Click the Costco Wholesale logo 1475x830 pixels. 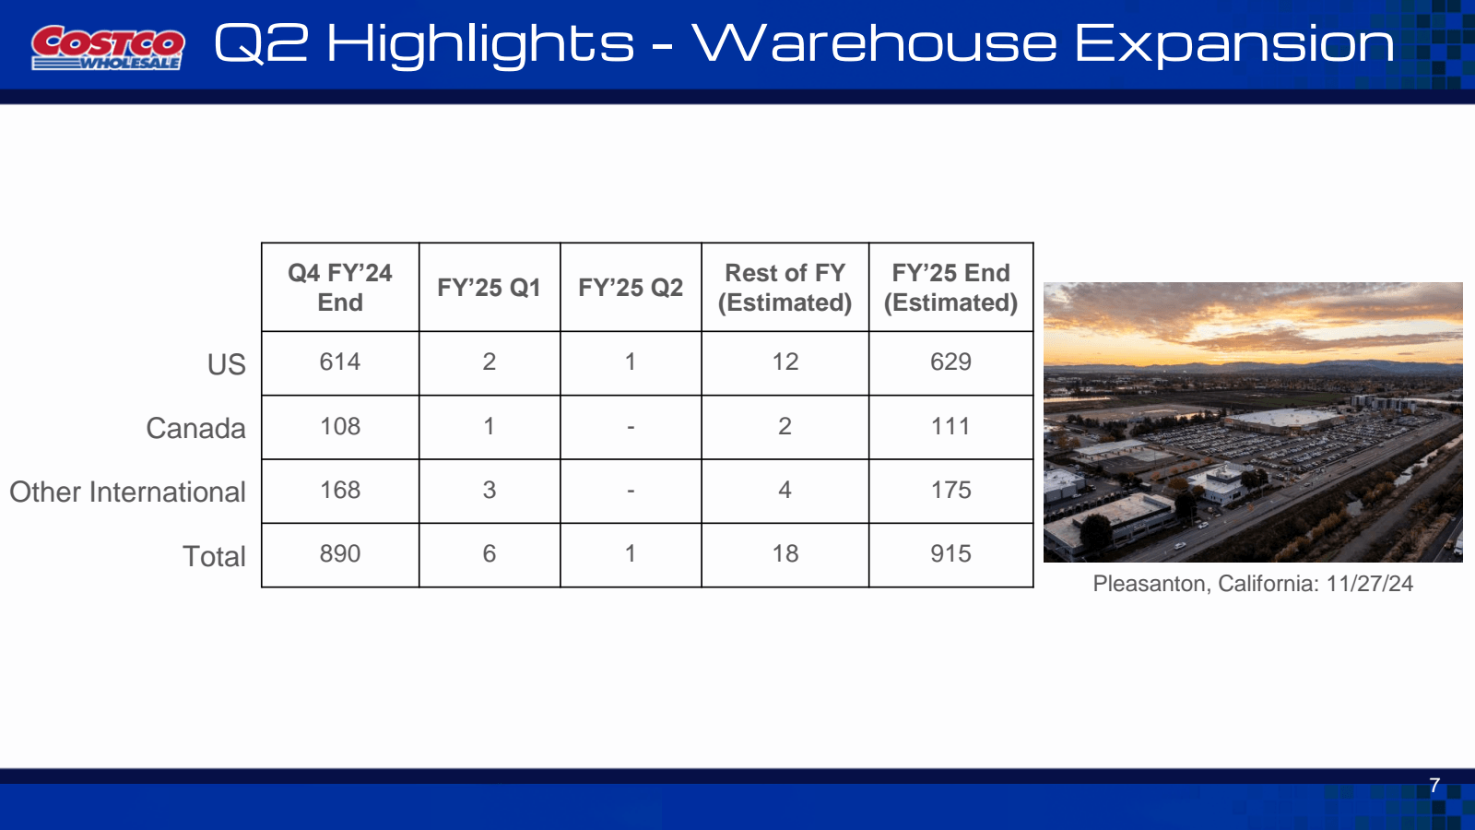tap(108, 47)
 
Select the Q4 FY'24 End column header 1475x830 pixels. tap(340, 288)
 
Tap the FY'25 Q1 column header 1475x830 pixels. tap(489, 288)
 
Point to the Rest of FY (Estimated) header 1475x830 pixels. tap(785, 288)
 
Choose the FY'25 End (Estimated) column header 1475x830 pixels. tap(950, 288)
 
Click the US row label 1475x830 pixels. tap(226, 364)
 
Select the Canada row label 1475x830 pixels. tap(195, 428)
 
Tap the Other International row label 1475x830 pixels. tap(127, 492)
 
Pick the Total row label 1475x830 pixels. tap(214, 556)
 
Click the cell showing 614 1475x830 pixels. tap(340, 362)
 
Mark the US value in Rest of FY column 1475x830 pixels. tap(785, 362)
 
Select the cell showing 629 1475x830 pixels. tap(950, 362)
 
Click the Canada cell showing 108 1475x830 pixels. tap(340, 426)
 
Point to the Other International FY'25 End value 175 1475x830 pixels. tap(950, 490)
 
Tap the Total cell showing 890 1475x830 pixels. tap(340, 553)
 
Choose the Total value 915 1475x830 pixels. tap(950, 553)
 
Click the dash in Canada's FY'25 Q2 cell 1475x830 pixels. tap(631, 427)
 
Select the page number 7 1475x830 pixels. tap(1434, 786)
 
